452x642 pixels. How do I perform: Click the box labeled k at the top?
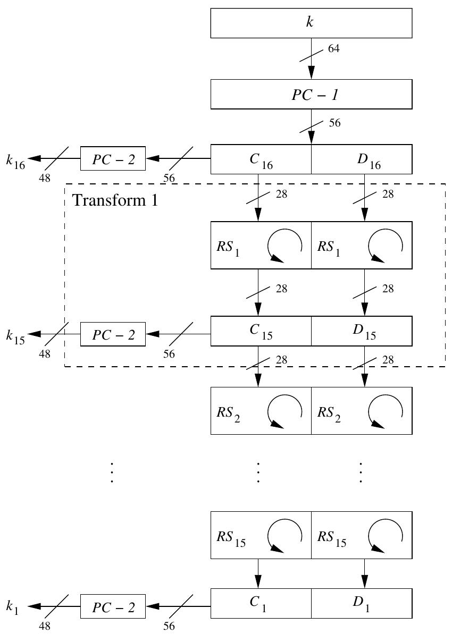point(311,23)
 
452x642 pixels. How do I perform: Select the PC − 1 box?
point(311,94)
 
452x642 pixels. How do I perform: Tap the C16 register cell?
point(261,159)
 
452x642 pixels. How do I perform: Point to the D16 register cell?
point(362,159)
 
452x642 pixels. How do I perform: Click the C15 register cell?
point(261,331)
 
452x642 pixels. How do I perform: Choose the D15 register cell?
point(362,331)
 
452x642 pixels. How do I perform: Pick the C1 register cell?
point(261,603)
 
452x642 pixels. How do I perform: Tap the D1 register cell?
point(362,603)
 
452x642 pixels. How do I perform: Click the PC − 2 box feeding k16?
point(113,158)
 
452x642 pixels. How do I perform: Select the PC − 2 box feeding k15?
point(113,334)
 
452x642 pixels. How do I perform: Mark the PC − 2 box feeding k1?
point(113,606)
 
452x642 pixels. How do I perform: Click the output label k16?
point(15,161)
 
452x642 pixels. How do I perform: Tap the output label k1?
point(13,609)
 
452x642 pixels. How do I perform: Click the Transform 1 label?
point(115,200)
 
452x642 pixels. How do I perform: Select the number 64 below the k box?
point(334,49)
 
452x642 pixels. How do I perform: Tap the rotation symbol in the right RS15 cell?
point(386,535)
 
